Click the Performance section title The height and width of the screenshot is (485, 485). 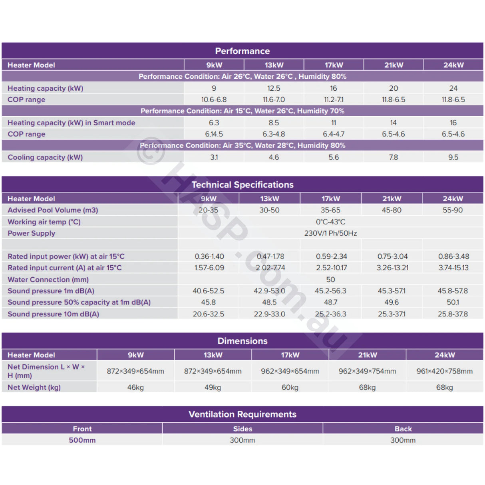[x=242, y=51]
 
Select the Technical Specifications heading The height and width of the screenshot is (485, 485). [x=242, y=185]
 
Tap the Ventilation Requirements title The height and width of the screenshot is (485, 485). [x=242, y=414]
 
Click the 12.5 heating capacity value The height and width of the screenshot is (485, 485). [x=274, y=88]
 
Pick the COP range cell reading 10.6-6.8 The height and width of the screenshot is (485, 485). [x=214, y=99]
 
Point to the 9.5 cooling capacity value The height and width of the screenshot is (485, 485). [x=453, y=157]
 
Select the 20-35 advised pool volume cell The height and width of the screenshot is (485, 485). [x=208, y=210]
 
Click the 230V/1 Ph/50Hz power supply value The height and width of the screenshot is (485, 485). [x=330, y=233]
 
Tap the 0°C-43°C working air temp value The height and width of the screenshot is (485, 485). [x=330, y=222]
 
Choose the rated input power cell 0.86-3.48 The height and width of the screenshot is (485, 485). [x=453, y=256]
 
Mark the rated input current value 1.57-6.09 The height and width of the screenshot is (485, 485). [x=209, y=268]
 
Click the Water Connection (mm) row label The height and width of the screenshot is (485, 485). [x=48, y=280]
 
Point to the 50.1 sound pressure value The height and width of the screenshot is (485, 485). [x=453, y=302]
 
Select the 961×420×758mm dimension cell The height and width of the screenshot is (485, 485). [x=444, y=371]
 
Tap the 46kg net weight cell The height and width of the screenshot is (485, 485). [x=135, y=388]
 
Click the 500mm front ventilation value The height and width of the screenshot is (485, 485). [x=82, y=440]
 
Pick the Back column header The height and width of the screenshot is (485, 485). [x=403, y=429]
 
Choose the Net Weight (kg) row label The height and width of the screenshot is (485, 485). [x=34, y=388]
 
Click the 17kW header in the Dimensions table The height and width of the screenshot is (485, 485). [x=290, y=355]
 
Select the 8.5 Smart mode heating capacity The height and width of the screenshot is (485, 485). [x=274, y=123]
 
